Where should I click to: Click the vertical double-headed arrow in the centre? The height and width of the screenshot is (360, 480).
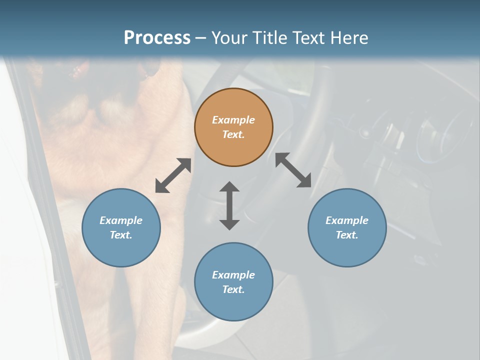[x=229, y=205]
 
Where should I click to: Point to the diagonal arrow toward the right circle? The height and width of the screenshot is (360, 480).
[x=293, y=170]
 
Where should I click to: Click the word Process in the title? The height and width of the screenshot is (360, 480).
[x=157, y=37]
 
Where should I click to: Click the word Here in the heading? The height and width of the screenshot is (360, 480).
[x=348, y=37]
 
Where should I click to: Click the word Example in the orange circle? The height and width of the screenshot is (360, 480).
[x=233, y=120]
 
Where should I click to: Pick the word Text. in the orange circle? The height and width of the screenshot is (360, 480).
[x=233, y=134]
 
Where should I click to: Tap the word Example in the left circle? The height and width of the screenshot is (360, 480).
[x=121, y=220]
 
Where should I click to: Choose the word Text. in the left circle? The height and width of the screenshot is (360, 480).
[x=121, y=235]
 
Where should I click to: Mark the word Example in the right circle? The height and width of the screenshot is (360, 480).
[x=347, y=220]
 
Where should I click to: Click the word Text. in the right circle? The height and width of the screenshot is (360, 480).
[x=347, y=235]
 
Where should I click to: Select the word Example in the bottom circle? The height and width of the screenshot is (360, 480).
[x=233, y=275]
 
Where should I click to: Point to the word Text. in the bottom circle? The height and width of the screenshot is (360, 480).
[x=233, y=289]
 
